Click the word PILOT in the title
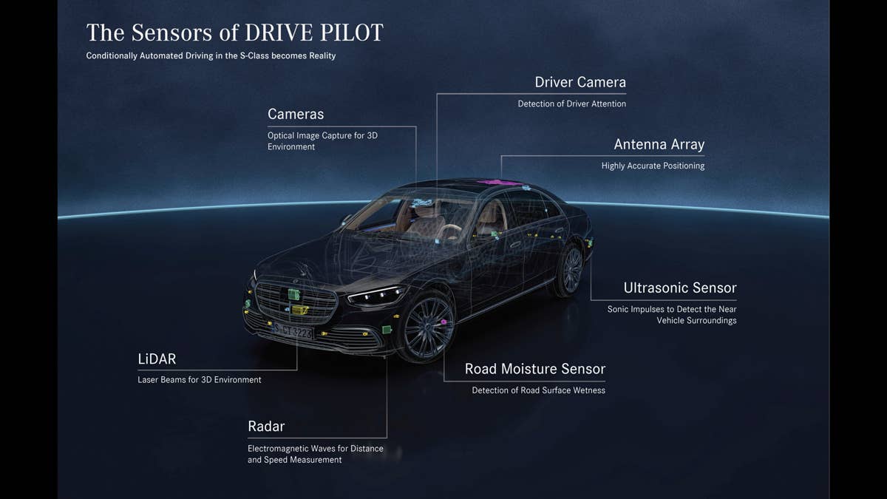pyautogui.click(x=352, y=33)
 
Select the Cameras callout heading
pyautogui.click(x=296, y=114)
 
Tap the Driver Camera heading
pyautogui.click(x=580, y=82)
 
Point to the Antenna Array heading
pyautogui.click(x=659, y=145)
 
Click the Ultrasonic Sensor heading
pyautogui.click(x=680, y=288)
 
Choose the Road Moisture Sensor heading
pyautogui.click(x=535, y=369)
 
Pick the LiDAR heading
pyautogui.click(x=157, y=359)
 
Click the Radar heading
pyautogui.click(x=266, y=427)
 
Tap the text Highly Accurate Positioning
pyautogui.click(x=653, y=166)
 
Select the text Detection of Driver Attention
pyautogui.click(x=572, y=103)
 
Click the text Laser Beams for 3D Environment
pyautogui.click(x=200, y=380)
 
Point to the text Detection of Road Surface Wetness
pyautogui.click(x=539, y=390)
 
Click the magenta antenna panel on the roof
pyautogui.click(x=498, y=183)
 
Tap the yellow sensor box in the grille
pyautogui.click(x=300, y=310)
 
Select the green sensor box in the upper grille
pyautogui.click(x=294, y=294)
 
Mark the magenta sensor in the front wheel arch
pyautogui.click(x=443, y=322)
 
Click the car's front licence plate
pyautogui.click(x=293, y=331)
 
